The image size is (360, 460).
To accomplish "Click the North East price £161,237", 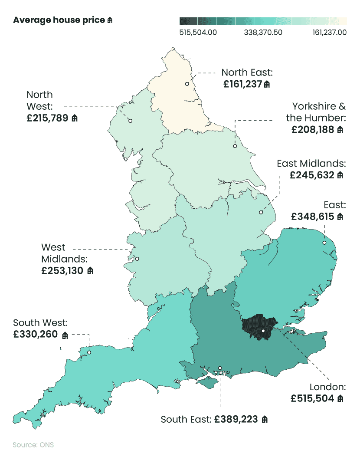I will [243, 84].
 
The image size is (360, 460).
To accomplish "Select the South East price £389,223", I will [236, 420].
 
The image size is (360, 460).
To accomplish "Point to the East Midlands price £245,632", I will [312, 175].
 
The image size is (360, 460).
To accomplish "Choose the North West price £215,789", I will [48, 118].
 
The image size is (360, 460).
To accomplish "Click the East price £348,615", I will [313, 216].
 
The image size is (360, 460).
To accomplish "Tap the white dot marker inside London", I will [263, 331].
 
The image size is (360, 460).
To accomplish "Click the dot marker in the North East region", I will [187, 84].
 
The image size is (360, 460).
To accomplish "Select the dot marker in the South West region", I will [89, 352].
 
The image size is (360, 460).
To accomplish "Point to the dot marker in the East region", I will [324, 243].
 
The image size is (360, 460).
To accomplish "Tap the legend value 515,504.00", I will [198, 32].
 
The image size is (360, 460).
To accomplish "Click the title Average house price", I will [59, 20].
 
